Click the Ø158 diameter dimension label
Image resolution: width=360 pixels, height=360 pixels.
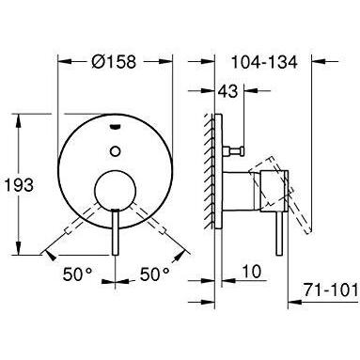point(114,61)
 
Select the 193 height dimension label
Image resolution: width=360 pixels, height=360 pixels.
point(18,185)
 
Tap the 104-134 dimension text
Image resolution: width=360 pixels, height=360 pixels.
point(264,62)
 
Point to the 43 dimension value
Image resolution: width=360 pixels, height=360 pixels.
point(228,91)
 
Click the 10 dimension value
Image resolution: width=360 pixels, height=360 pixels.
point(251,272)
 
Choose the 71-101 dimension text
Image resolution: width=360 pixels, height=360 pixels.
point(331,290)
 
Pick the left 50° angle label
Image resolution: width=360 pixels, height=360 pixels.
point(78,274)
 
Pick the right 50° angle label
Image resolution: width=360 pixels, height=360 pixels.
point(155,274)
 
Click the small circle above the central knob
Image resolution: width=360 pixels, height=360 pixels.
point(116,151)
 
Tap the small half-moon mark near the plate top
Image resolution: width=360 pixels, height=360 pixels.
point(115,127)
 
